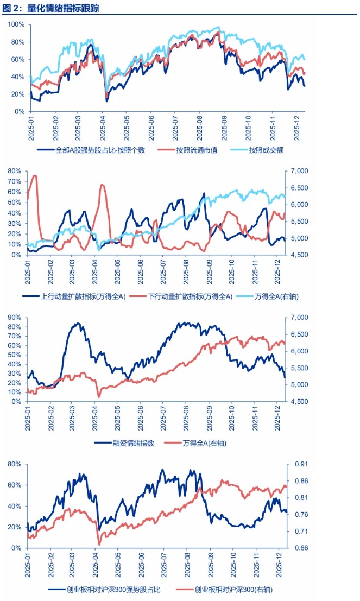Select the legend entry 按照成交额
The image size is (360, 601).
(x=267, y=150)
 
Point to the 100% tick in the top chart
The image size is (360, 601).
(x=16, y=24)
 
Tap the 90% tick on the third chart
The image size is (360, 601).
(x=15, y=317)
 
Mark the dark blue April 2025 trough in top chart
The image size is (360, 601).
(x=106, y=101)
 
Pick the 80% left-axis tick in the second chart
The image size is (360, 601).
(x=15, y=171)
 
